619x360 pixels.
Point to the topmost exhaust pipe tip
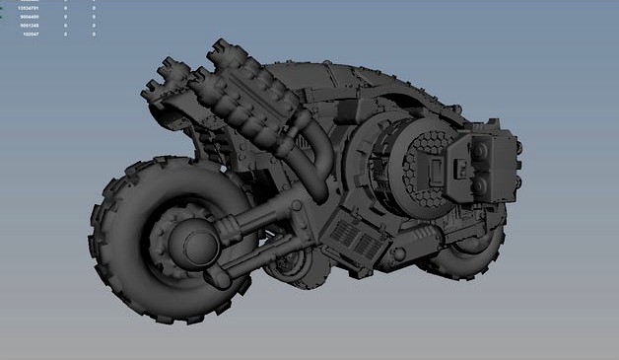220,48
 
